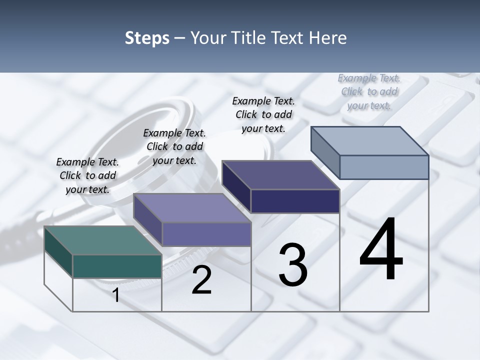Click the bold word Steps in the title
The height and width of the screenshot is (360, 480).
tap(147, 38)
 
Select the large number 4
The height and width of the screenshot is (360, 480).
tap(381, 250)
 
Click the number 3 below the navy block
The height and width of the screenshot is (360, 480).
tap(293, 265)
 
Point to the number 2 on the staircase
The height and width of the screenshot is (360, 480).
tap(201, 280)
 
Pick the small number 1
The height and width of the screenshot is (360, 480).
tap(116, 295)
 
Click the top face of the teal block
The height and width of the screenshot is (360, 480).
tap(103, 240)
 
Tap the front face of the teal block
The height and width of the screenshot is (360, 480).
tap(117, 266)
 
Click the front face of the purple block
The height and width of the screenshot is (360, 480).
tap(206, 234)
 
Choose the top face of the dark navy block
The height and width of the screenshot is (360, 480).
tap(280, 175)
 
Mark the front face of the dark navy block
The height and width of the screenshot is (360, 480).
tap(295, 201)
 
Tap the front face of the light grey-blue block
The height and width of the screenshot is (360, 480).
tap(384, 167)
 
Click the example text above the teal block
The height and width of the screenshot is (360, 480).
tap(87, 175)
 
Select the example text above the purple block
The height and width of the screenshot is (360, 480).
tap(174, 146)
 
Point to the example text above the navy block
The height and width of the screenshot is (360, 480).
tap(263, 114)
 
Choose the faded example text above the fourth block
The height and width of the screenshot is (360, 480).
tap(369, 91)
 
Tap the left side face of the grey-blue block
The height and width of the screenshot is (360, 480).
tap(325, 152)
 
